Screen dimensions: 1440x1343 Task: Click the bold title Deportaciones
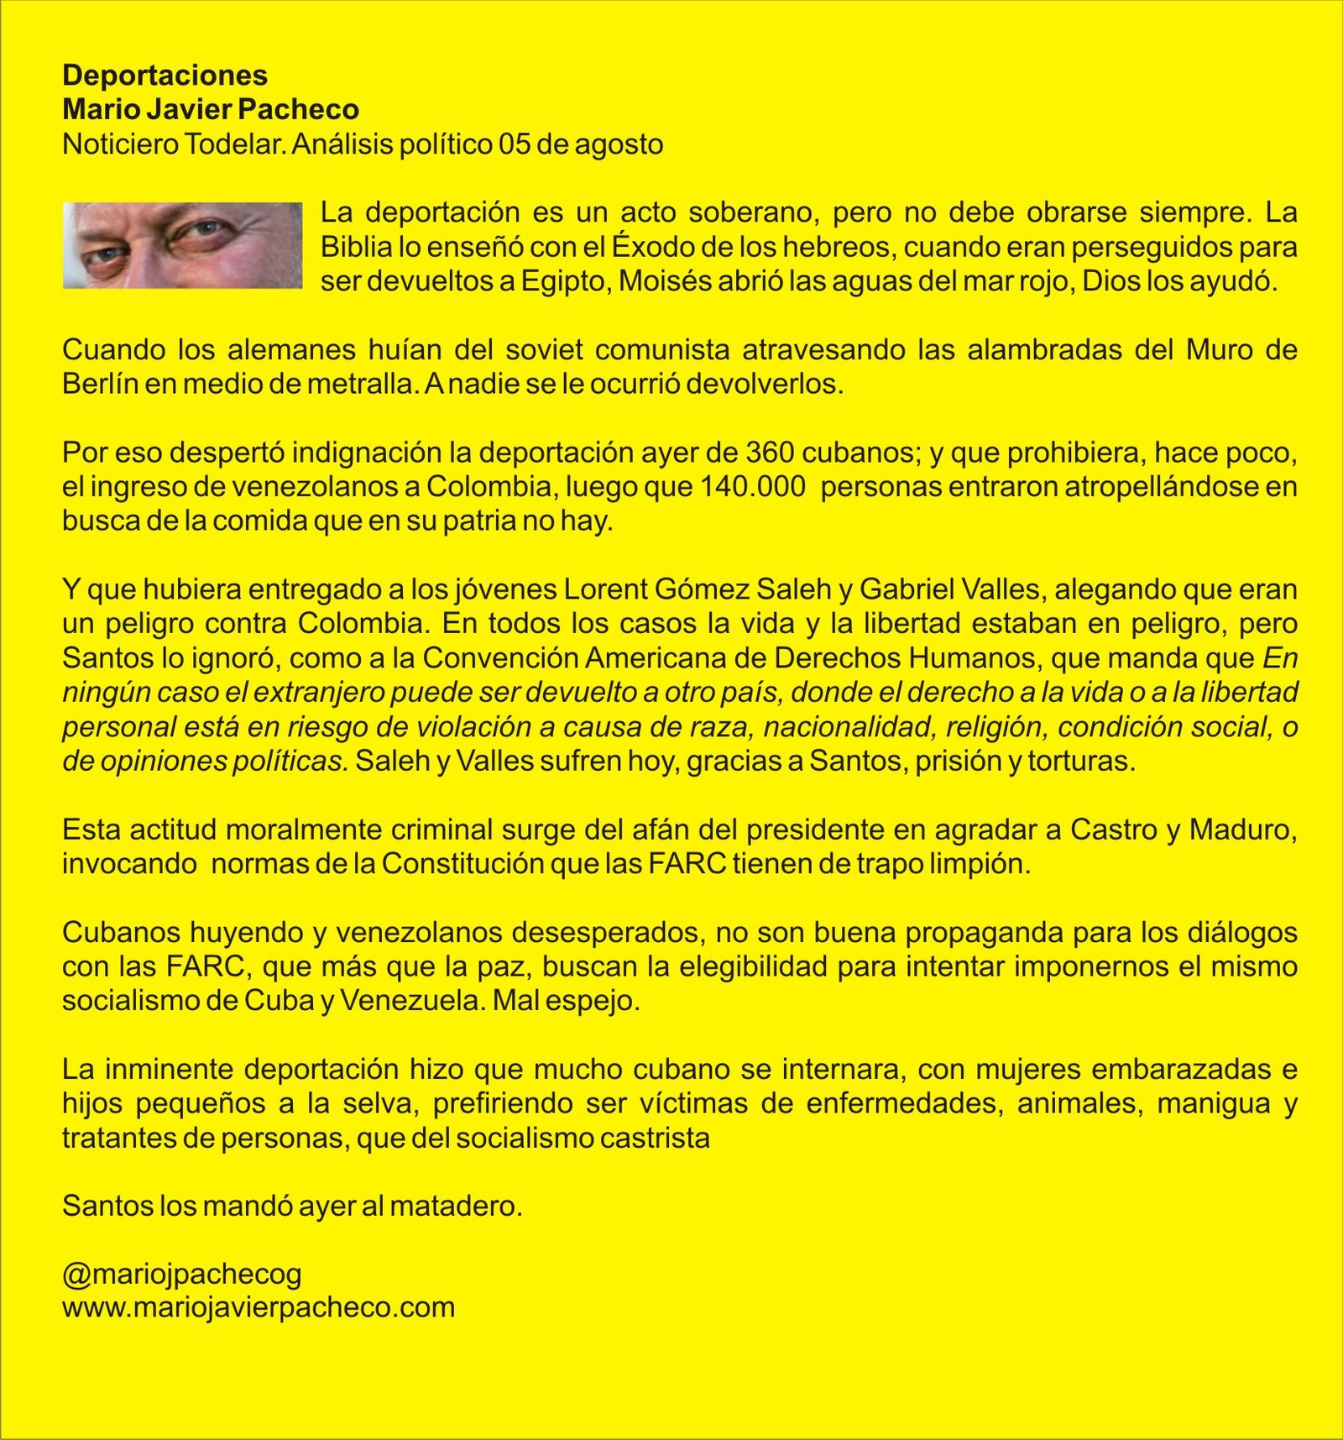(x=165, y=76)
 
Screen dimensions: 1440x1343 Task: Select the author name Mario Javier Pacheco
(x=211, y=110)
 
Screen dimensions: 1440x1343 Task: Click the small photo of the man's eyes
(x=182, y=245)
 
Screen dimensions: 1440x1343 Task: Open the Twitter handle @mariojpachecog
(x=182, y=1275)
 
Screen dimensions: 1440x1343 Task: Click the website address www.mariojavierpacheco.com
(x=259, y=1308)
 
